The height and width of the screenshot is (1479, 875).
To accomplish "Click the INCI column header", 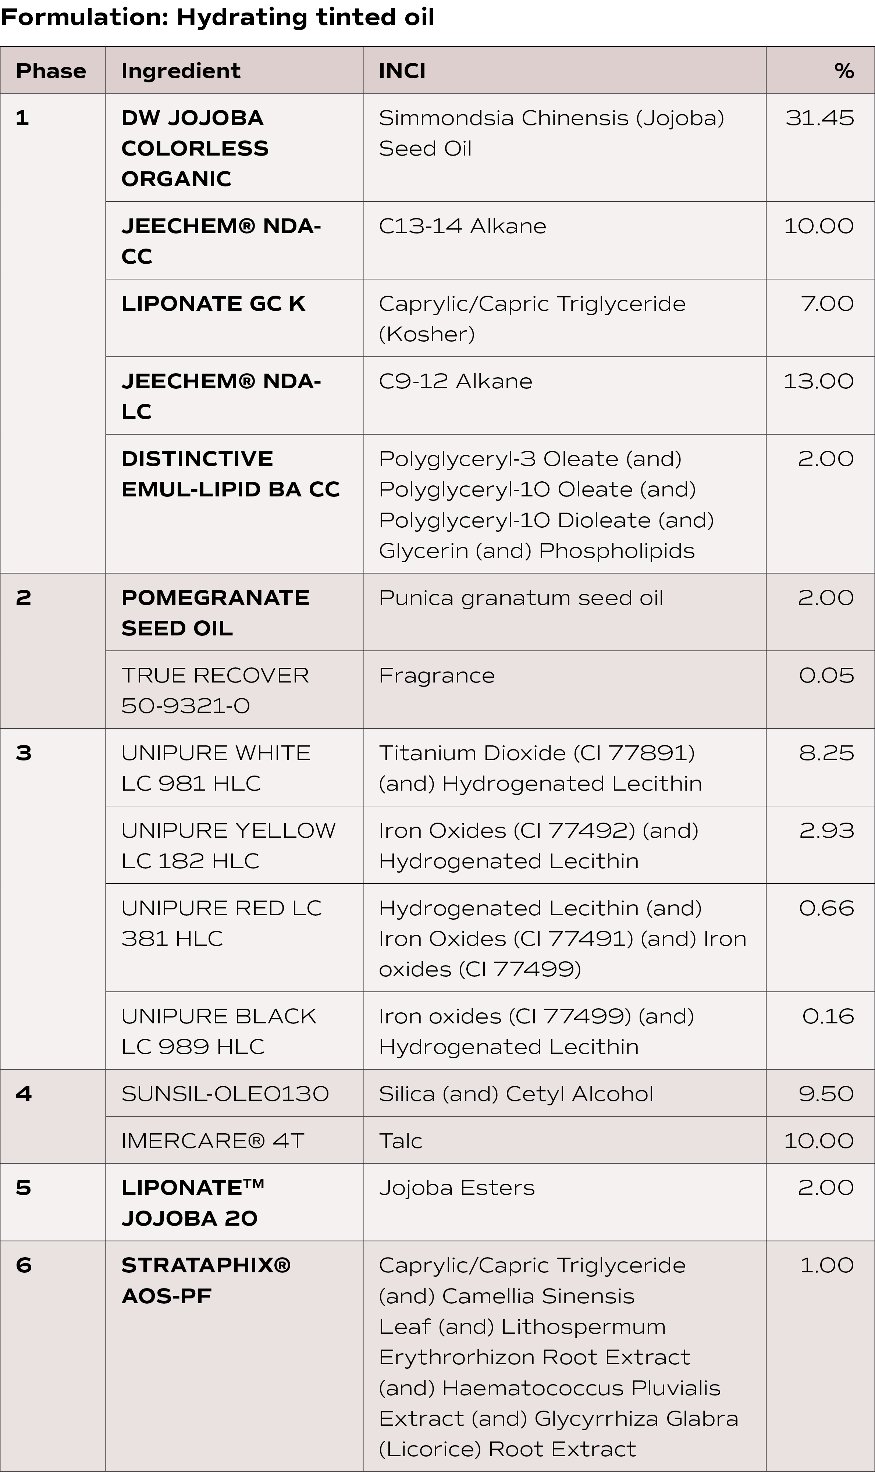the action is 402,71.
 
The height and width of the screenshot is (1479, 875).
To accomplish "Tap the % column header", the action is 844,71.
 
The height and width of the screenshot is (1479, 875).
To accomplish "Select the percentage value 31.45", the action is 819,118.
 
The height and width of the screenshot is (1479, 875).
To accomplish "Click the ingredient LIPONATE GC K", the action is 213,304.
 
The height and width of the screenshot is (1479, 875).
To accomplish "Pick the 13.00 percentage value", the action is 818,381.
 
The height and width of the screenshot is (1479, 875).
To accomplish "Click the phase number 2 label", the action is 24,598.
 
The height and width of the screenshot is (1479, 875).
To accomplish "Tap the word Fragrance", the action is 436,676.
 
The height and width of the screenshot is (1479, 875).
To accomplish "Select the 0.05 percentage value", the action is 826,676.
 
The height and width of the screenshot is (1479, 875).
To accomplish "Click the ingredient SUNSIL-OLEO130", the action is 225,1094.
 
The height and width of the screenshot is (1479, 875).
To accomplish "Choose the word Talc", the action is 401,1141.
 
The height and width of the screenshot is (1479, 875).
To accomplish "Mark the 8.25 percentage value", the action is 826,753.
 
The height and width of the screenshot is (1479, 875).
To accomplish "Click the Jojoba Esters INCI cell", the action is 456,1188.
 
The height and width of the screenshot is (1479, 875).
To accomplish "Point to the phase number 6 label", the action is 24,1265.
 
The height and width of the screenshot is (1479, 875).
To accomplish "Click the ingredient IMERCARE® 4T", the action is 212,1141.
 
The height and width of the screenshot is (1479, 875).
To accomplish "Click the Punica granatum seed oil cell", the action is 521,598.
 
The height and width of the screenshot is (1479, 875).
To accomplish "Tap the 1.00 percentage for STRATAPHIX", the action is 826,1265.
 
